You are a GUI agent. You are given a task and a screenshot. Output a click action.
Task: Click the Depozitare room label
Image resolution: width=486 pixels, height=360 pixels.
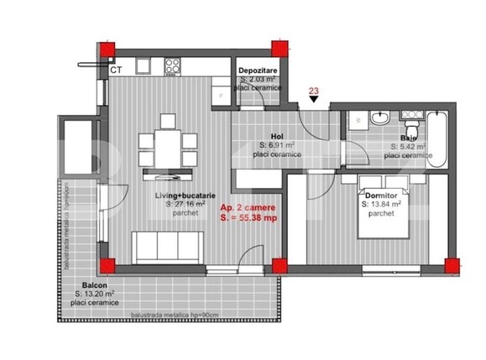(258, 70)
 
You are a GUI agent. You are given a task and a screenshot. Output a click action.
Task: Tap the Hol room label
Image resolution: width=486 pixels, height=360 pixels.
(275, 135)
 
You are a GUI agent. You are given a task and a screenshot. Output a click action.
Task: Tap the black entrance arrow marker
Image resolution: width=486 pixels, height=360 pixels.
(314, 100)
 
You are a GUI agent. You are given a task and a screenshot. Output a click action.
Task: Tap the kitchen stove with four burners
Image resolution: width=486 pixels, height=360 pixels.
(174, 65)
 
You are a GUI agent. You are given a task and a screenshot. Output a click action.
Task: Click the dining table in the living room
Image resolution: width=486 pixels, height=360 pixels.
(169, 149)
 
